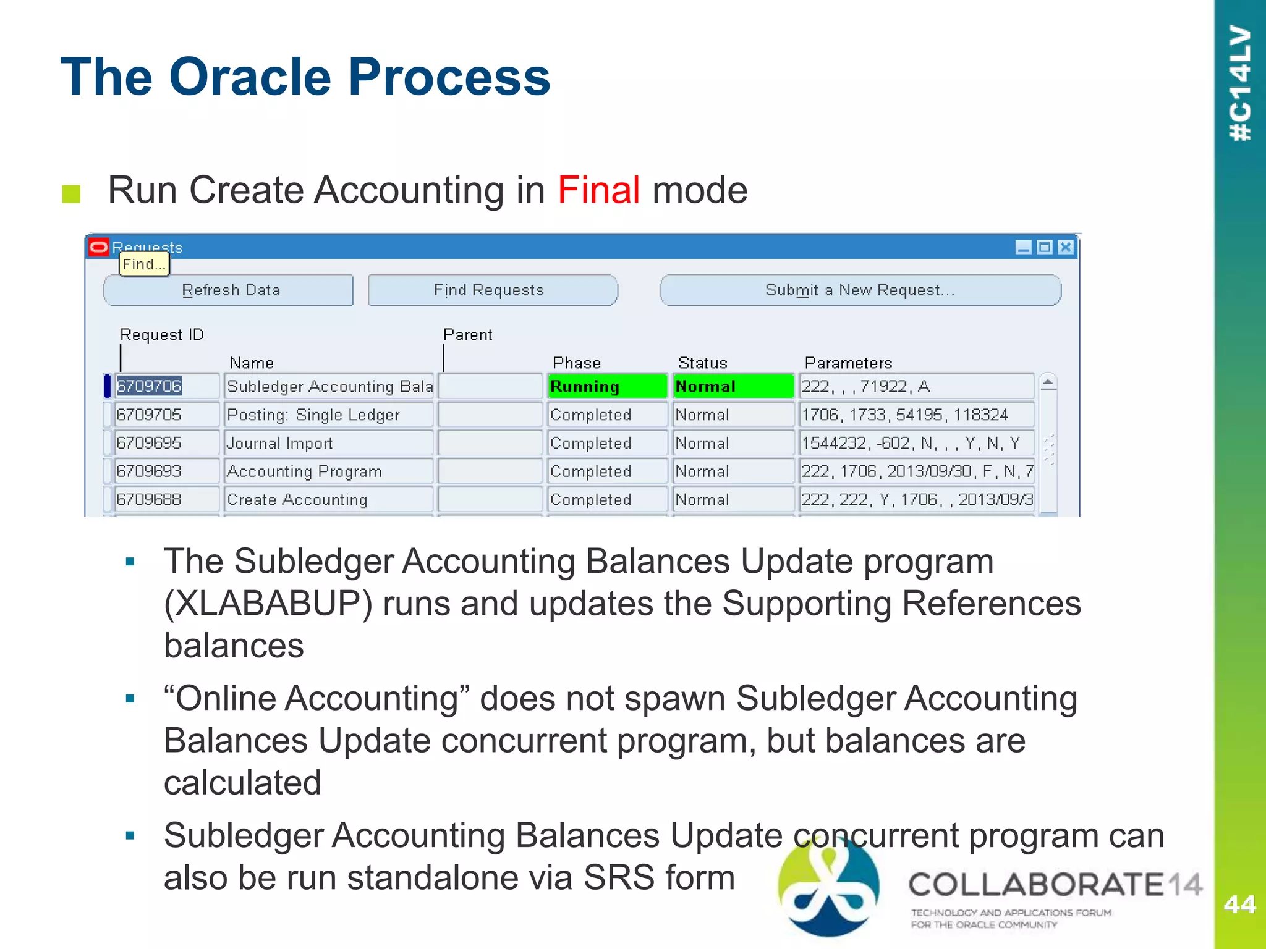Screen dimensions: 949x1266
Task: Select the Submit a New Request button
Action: (860, 290)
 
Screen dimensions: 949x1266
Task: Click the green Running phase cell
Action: (606, 387)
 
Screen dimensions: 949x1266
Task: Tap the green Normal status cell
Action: (733, 387)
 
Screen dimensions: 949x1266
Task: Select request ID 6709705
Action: (166, 415)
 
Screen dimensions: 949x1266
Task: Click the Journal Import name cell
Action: (328, 444)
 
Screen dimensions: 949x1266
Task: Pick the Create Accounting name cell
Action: (328, 500)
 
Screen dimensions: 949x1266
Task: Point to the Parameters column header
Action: (848, 363)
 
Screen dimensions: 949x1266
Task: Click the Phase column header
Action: (576, 363)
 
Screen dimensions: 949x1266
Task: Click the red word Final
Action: (598, 190)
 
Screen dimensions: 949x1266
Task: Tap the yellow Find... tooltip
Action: (144, 264)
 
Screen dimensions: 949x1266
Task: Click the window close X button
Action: (1065, 248)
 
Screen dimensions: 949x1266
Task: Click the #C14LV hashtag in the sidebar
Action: (1240, 83)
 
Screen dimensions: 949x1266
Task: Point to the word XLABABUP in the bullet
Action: (268, 604)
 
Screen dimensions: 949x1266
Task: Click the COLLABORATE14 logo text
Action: (1054, 885)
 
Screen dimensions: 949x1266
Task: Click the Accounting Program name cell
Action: (328, 472)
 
